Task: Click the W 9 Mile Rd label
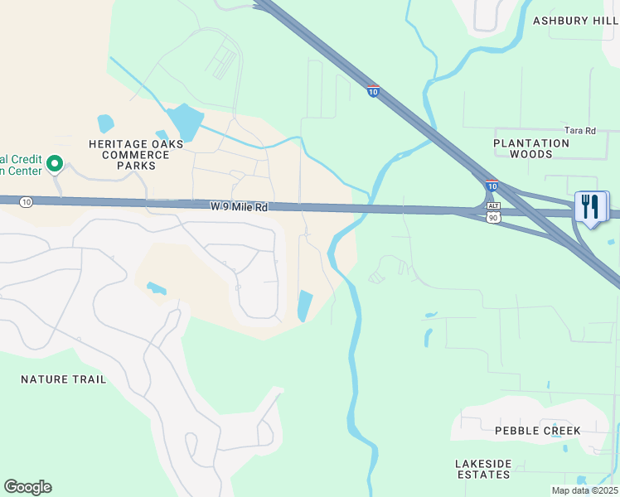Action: [x=240, y=207]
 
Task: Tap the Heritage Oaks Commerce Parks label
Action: [x=122, y=154]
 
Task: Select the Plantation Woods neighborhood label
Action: [x=531, y=148]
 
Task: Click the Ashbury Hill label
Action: [x=575, y=21]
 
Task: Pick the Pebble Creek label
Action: [x=537, y=431]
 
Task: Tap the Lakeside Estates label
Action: [x=483, y=469]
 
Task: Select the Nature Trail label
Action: [x=64, y=379]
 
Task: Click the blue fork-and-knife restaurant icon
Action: [x=590, y=206]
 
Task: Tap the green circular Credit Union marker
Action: [x=55, y=163]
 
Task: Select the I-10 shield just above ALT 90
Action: [x=492, y=187]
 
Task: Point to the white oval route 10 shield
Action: [x=27, y=202]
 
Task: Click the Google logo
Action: [x=27, y=487]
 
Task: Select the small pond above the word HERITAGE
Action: [x=105, y=124]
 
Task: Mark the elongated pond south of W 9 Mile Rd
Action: [x=305, y=306]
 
